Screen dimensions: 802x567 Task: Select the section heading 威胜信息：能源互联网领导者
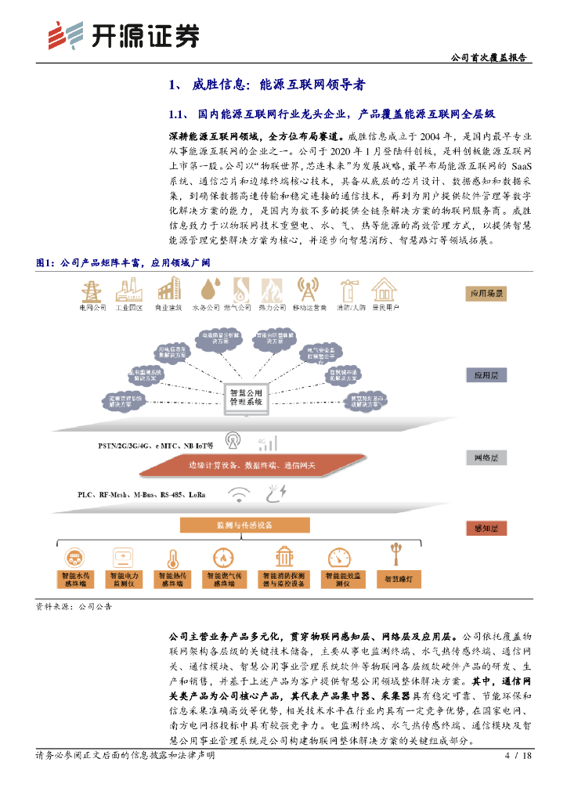click(x=266, y=85)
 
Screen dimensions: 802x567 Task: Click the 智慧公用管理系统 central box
click(x=246, y=394)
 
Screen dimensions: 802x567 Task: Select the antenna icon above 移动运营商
click(x=328, y=291)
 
